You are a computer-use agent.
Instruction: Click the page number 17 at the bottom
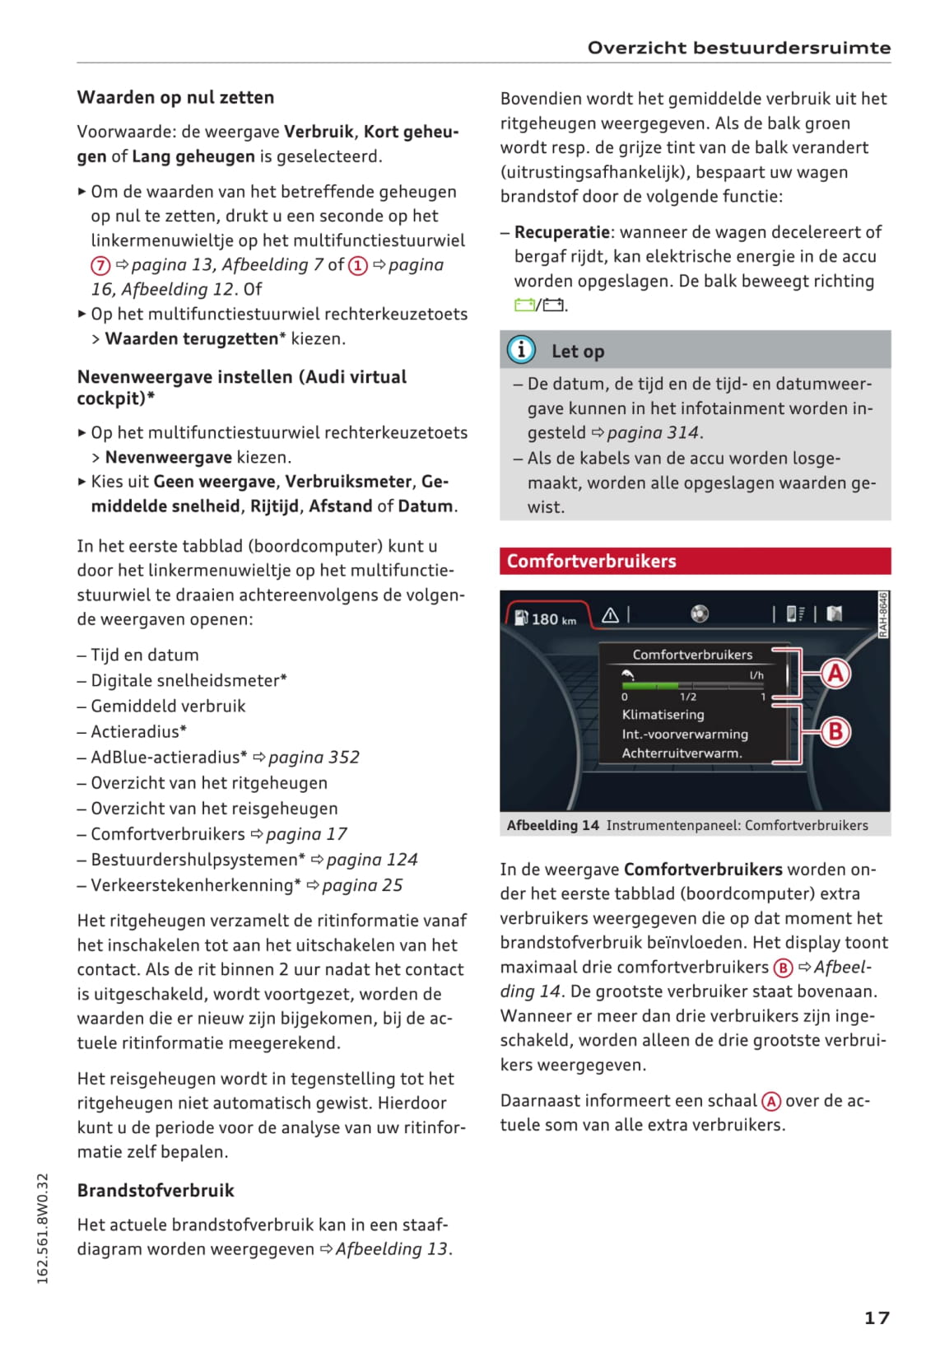pyautogui.click(x=877, y=1318)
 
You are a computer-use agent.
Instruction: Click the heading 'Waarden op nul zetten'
pyautogui.click(x=175, y=97)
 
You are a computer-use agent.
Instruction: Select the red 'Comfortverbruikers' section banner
pyautogui.click(x=695, y=561)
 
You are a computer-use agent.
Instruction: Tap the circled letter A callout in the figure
pyautogui.click(x=835, y=674)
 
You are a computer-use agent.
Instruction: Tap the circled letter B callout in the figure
pyautogui.click(x=835, y=731)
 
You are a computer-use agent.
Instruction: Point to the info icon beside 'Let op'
pyautogui.click(x=521, y=350)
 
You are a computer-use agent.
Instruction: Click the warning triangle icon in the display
pyautogui.click(x=610, y=615)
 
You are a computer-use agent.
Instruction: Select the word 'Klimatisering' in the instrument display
pyautogui.click(x=663, y=715)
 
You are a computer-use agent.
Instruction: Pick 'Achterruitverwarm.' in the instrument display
pyautogui.click(x=682, y=753)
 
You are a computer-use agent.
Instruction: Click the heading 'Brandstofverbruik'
pyautogui.click(x=156, y=1190)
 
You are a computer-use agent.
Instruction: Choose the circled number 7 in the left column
pyautogui.click(x=100, y=265)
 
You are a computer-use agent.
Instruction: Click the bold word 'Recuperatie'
pyautogui.click(x=562, y=232)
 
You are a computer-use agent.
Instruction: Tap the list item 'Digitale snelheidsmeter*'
pyautogui.click(x=188, y=680)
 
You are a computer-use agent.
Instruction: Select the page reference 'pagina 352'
pyautogui.click(x=314, y=757)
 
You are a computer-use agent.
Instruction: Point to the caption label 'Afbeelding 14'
pyautogui.click(x=552, y=825)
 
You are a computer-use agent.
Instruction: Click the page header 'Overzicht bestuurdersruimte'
pyautogui.click(x=738, y=48)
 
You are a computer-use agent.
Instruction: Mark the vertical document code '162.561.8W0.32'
pyautogui.click(x=43, y=1228)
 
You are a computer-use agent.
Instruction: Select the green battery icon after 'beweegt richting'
pyautogui.click(x=524, y=306)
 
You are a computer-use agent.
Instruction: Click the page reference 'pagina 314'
pyautogui.click(x=653, y=432)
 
